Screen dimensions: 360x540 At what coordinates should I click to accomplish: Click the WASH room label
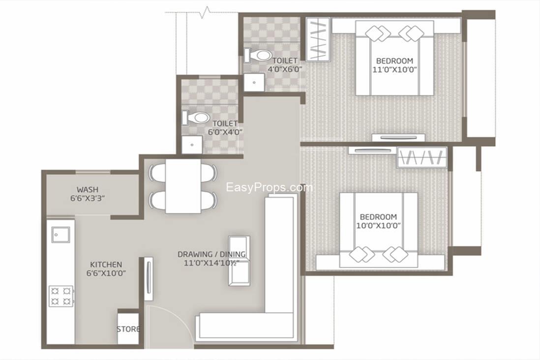pos(88,189)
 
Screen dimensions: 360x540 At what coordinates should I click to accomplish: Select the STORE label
pos(128,329)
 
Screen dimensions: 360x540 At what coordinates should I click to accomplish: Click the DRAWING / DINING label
pos(211,254)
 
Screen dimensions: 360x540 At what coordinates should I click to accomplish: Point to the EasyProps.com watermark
pos(269,187)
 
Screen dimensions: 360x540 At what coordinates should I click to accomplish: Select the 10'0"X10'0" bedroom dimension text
pos(378,226)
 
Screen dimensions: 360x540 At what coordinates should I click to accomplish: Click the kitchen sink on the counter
pos(61,235)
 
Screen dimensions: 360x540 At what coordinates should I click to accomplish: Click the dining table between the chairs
pos(183,186)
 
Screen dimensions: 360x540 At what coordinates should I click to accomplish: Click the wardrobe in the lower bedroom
pos(421,157)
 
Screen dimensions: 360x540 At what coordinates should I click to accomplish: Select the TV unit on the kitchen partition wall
pos(148,278)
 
